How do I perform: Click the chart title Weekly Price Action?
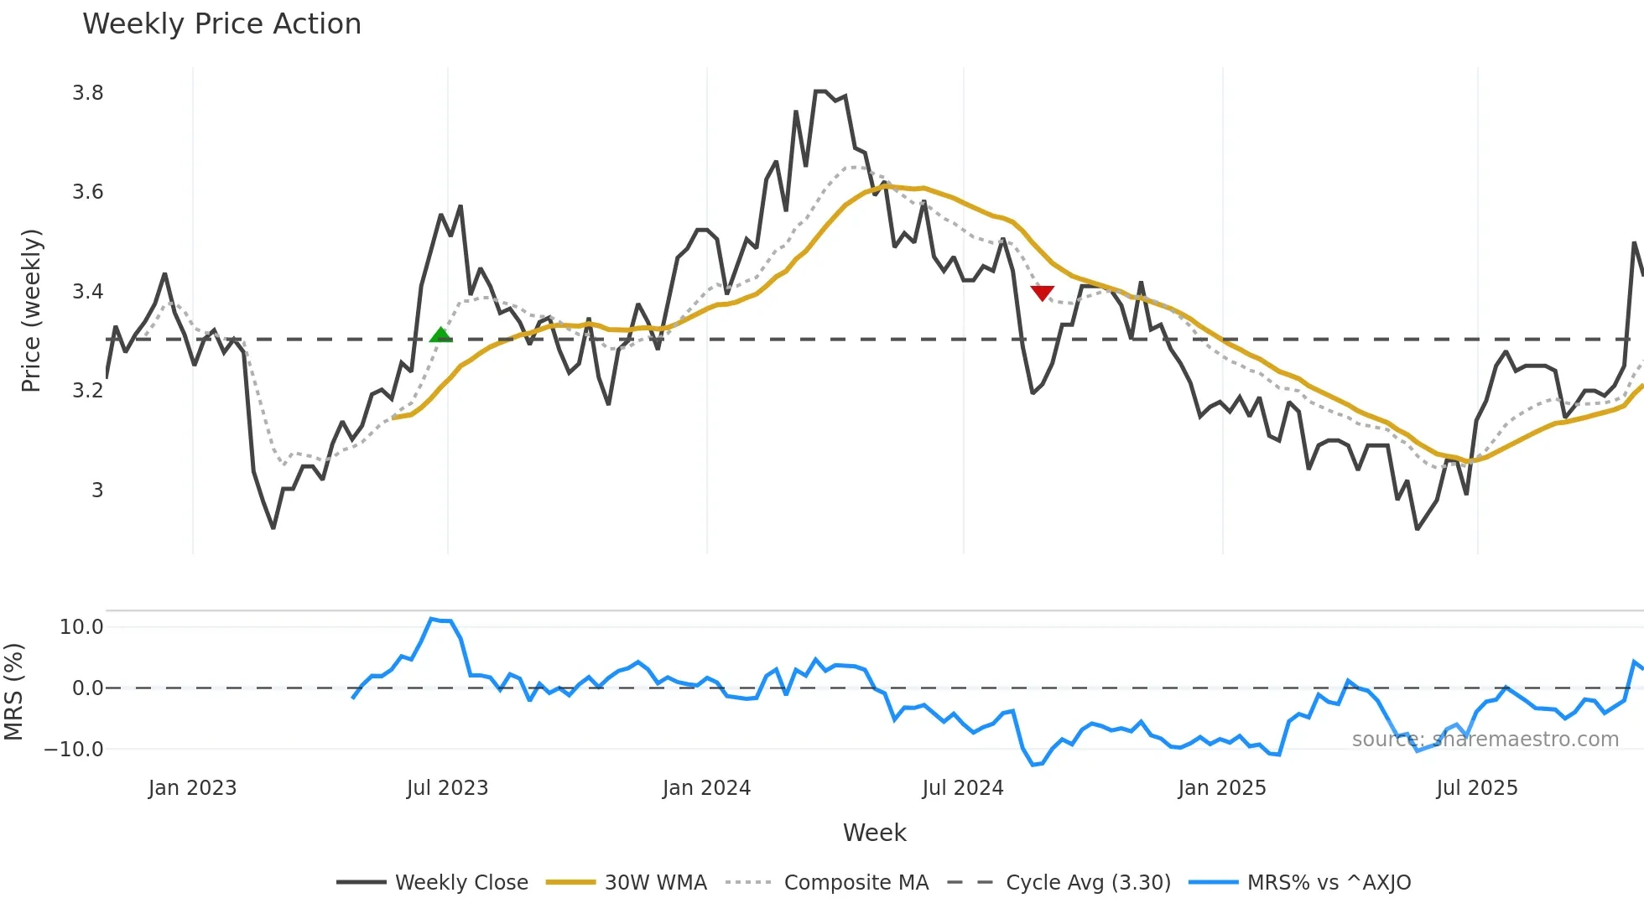(221, 24)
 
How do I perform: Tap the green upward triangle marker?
(440, 335)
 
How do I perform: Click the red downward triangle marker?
(1042, 293)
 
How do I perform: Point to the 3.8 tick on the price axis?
(88, 93)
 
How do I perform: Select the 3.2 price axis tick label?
(88, 391)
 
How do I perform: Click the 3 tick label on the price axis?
(97, 490)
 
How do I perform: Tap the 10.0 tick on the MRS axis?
(81, 627)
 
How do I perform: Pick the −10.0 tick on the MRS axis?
(74, 750)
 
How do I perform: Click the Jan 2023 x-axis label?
(192, 788)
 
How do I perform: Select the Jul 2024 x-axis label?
(962, 788)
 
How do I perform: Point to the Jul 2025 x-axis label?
(1476, 788)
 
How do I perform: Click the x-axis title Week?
(874, 833)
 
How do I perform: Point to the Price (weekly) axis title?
(31, 311)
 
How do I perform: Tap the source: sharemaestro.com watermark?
(1485, 740)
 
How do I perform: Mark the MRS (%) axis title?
(14, 692)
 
